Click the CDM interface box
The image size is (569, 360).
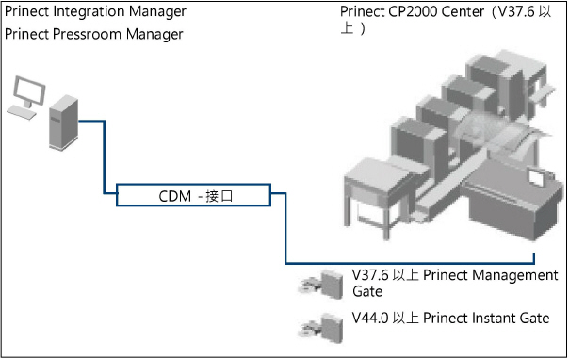click(x=193, y=195)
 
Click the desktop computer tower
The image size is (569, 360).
click(x=63, y=121)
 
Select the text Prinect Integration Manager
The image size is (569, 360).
click(x=95, y=11)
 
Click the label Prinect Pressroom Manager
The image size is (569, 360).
click(x=94, y=34)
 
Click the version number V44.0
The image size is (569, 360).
click(x=368, y=319)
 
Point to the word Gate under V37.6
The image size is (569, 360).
click(x=367, y=292)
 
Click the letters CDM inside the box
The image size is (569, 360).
click(x=173, y=195)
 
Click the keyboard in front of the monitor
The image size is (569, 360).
click(x=18, y=110)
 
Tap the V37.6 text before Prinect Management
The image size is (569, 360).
click(x=368, y=275)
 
